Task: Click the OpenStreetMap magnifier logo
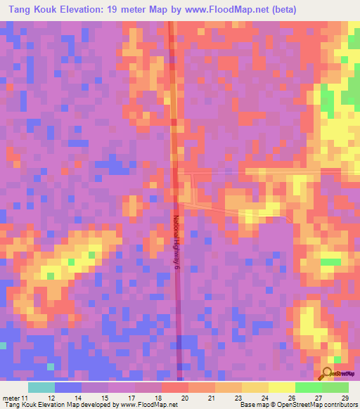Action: pos(327,373)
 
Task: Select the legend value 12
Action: pos(52,398)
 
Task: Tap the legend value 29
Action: pos(344,398)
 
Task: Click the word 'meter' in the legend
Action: pos(10,398)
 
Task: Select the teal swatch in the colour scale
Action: pos(41,387)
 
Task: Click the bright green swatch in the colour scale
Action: pos(309,387)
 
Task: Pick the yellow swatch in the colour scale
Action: pos(282,387)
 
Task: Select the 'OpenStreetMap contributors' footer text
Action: pos(319,405)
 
